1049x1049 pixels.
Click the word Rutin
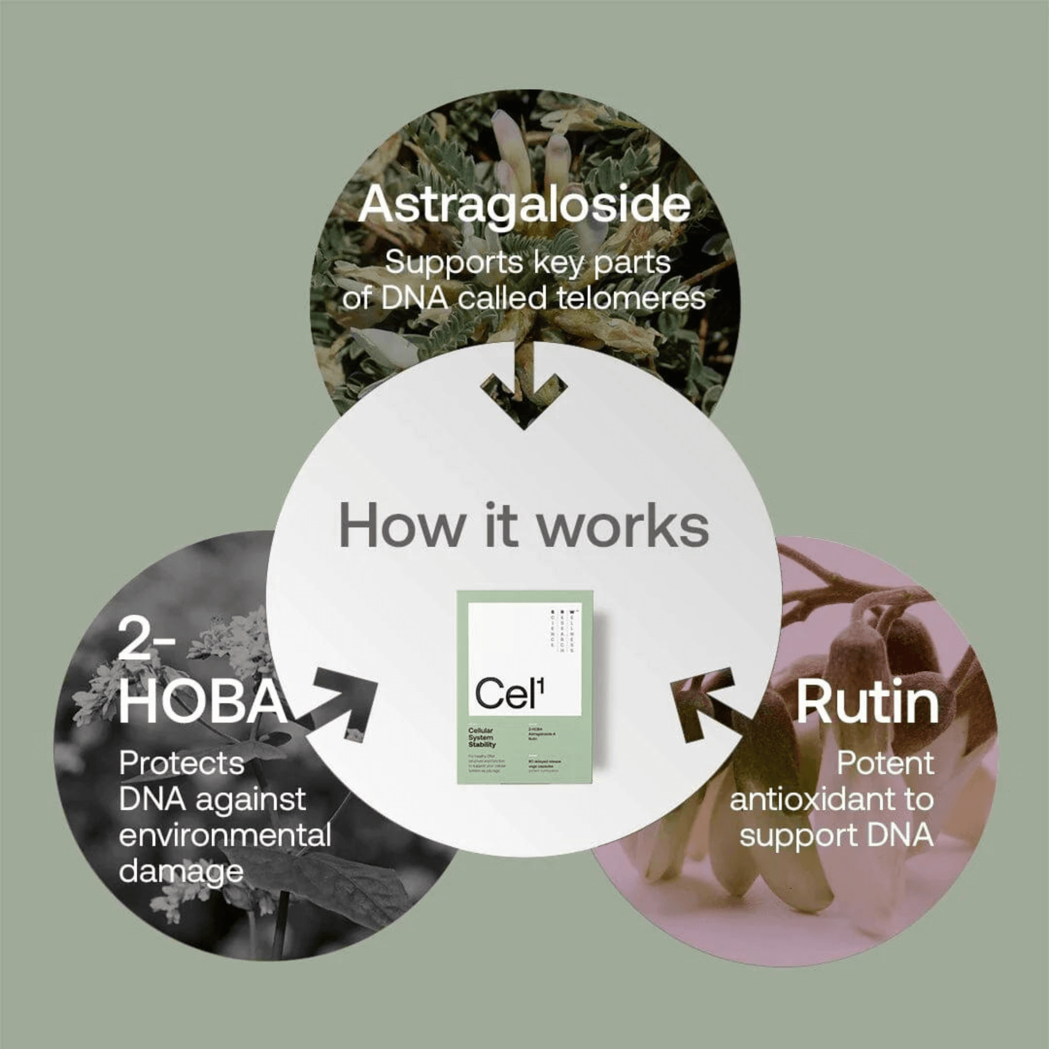867,703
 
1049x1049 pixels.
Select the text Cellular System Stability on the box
483,738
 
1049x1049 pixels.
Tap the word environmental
225,836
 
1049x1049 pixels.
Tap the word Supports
453,263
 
